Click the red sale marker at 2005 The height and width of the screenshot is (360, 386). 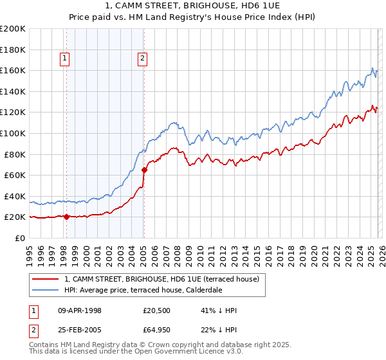pos(144,170)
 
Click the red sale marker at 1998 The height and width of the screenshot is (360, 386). pos(66,217)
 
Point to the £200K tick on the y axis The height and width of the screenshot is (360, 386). pos(13,28)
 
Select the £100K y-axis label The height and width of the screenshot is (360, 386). pos(13,133)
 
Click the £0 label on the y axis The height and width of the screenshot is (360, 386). pos(19,238)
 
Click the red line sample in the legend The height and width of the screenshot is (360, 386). pos(45,279)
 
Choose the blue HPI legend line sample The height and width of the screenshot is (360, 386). pos(45,290)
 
